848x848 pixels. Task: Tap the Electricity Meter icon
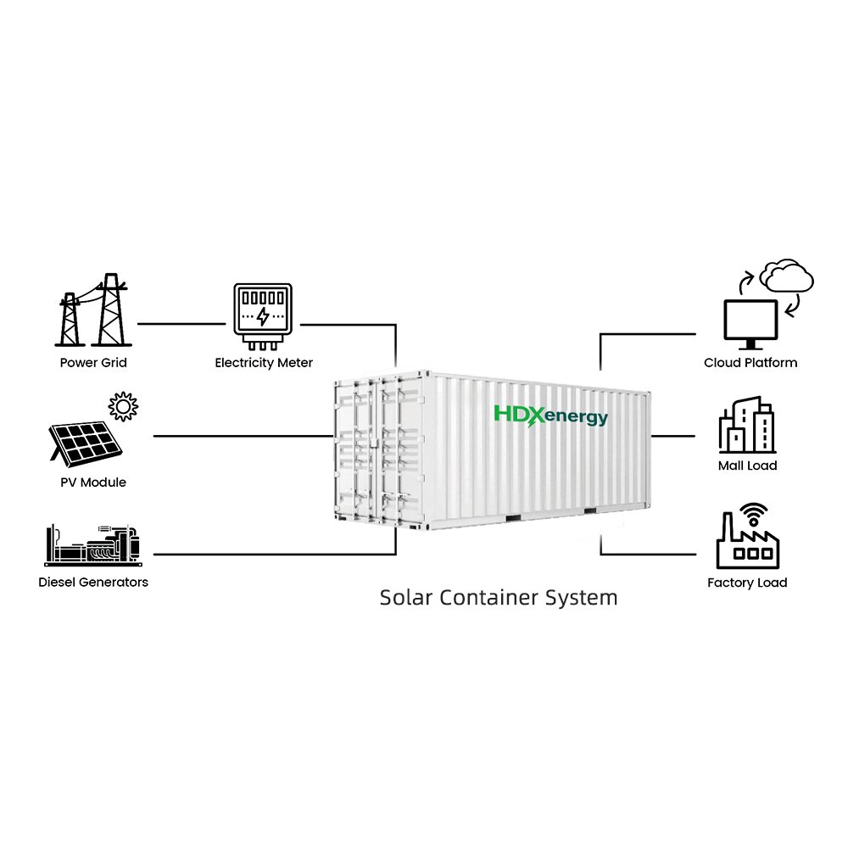point(263,316)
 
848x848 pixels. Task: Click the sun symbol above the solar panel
point(123,406)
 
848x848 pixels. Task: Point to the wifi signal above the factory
point(754,514)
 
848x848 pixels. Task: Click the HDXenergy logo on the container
point(550,416)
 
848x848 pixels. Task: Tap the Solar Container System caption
point(498,598)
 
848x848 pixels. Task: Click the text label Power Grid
point(93,362)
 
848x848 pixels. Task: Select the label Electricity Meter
point(264,363)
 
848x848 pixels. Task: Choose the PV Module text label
point(93,482)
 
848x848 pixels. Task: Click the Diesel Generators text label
point(93,582)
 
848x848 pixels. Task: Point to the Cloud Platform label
point(750,362)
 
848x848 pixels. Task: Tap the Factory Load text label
point(747,583)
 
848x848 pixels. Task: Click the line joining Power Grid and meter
point(181,324)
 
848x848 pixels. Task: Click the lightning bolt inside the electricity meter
point(263,316)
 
